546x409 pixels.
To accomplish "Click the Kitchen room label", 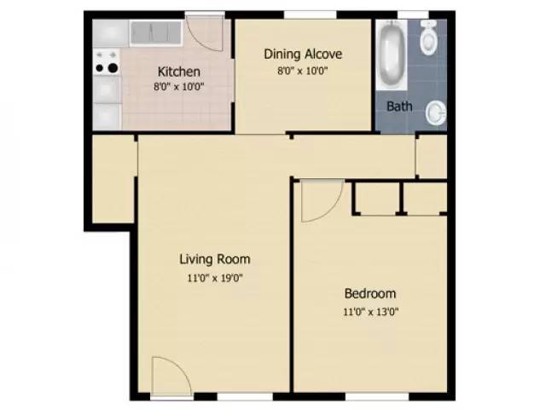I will click(x=179, y=72).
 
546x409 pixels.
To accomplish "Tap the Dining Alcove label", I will click(x=303, y=54).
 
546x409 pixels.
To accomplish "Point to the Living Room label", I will click(x=215, y=259).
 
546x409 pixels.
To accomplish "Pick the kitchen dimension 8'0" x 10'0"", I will click(x=179, y=86).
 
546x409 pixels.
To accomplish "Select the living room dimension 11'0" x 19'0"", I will click(x=215, y=277).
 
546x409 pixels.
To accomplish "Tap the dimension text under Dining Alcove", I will click(x=303, y=71).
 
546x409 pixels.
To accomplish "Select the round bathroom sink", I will click(x=437, y=110).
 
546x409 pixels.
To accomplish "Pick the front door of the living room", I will click(x=168, y=377).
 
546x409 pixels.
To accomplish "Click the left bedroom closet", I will click(x=376, y=198).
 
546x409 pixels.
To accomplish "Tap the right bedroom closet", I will click(x=425, y=198).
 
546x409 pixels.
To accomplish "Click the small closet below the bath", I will click(x=431, y=155).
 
